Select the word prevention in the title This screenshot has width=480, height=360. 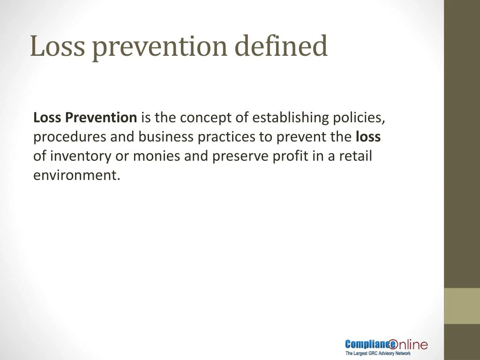[x=159, y=46]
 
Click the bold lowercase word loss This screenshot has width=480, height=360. [x=368, y=137]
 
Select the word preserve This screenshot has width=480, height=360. [x=241, y=156]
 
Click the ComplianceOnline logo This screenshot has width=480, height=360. [x=386, y=345]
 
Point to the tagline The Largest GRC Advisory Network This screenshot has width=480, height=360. [x=378, y=353]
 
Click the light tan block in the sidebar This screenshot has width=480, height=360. [x=462, y=306]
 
